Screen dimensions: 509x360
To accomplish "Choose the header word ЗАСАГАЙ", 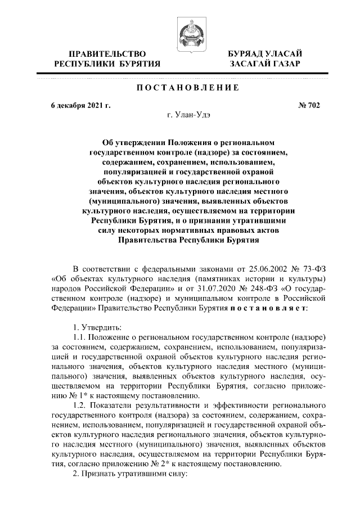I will pos(251,65).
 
